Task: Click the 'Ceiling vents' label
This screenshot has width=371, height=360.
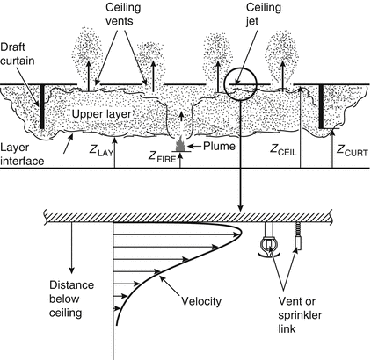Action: click(x=120, y=17)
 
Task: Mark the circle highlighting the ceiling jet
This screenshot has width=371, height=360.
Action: click(x=240, y=86)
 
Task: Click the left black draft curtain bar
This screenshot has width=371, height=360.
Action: click(x=40, y=105)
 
